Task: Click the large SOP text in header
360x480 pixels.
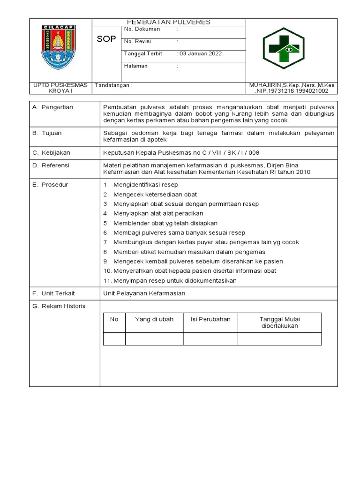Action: (x=106, y=39)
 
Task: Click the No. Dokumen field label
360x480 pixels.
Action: (x=142, y=29)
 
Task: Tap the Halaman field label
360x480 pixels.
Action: (x=135, y=66)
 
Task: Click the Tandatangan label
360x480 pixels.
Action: (x=114, y=85)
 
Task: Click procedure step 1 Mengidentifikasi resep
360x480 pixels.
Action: (x=141, y=185)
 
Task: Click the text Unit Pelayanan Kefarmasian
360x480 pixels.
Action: (x=144, y=293)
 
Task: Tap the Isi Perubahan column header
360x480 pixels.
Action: (x=210, y=319)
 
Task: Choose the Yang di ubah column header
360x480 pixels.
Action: (x=154, y=319)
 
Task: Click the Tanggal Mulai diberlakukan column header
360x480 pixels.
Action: (x=279, y=322)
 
